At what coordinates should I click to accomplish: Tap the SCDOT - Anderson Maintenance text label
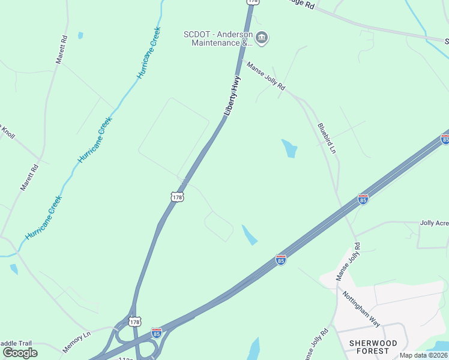pos(218,38)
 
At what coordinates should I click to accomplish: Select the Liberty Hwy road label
pos(232,95)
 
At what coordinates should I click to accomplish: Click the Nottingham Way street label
pos(361,308)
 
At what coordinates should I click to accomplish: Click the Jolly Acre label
pos(433,223)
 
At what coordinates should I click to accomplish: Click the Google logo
pos(20,352)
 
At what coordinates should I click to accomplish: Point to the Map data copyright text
pos(423,355)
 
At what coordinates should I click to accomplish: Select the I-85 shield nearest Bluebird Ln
pos(363,199)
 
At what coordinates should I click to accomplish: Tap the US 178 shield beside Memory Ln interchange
pos(134,322)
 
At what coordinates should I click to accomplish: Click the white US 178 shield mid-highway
pos(176,197)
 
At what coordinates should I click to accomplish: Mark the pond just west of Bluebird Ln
pos(289,148)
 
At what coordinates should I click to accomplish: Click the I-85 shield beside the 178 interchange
pos(157,332)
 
